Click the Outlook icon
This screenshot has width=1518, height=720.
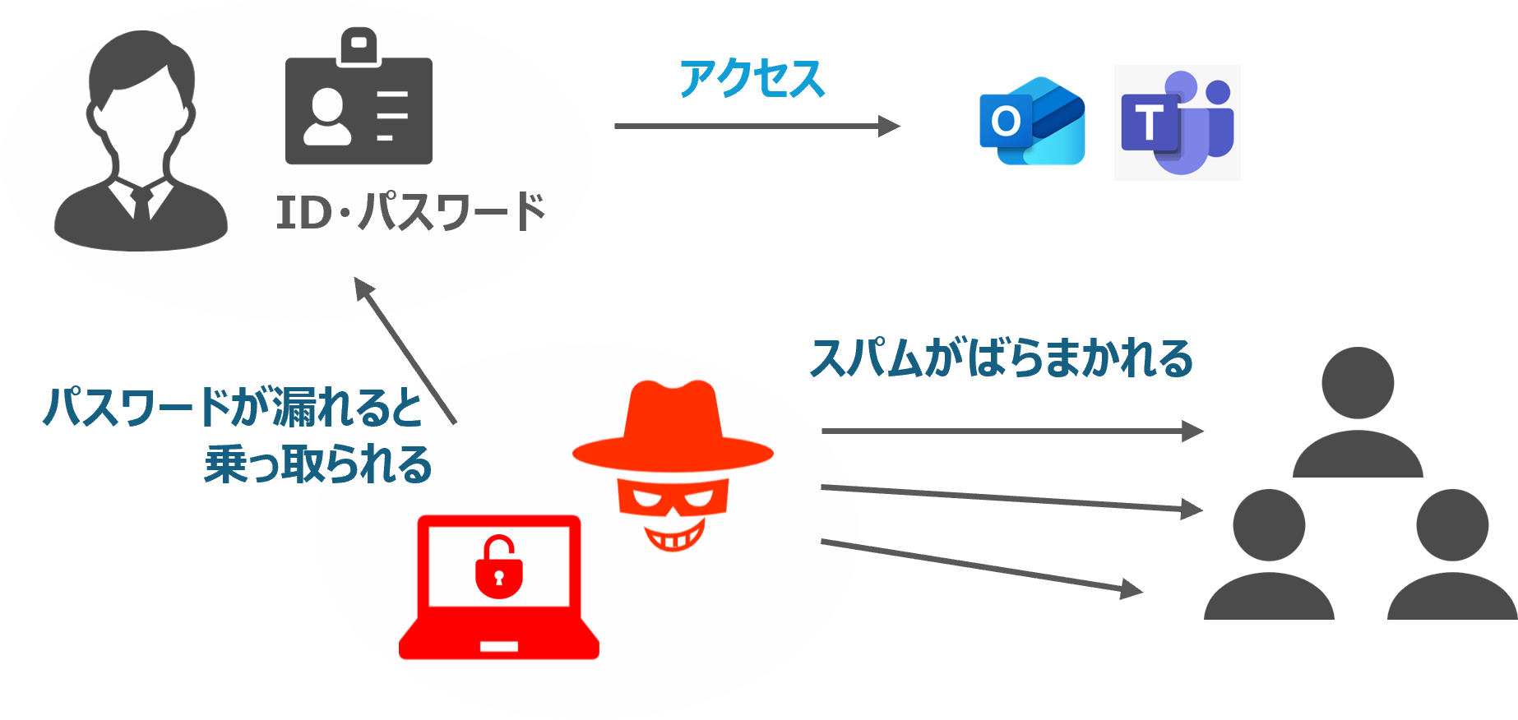1032,122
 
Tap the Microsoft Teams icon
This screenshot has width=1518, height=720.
1177,122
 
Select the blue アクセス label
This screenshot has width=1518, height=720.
752,80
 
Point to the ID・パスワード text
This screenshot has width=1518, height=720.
410,211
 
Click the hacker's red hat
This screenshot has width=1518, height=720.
673,427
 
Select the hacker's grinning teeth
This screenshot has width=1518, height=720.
673,539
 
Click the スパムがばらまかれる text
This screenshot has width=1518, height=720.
1001,358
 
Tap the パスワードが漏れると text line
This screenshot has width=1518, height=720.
233,407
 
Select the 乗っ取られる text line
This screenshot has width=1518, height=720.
318,465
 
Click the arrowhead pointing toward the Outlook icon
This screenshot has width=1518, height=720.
889,127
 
